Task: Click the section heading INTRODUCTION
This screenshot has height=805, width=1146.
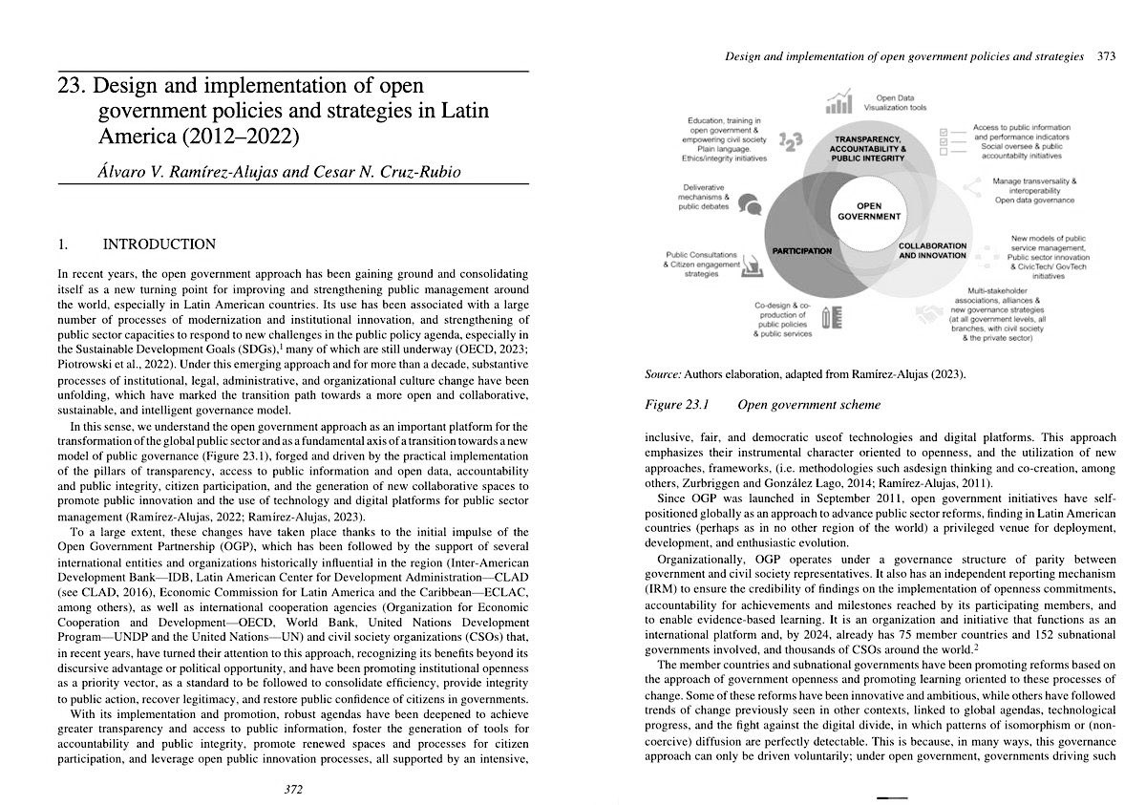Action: tap(159, 244)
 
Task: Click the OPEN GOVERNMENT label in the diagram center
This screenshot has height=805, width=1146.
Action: tap(868, 211)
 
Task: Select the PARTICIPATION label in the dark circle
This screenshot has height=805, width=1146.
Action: tap(802, 251)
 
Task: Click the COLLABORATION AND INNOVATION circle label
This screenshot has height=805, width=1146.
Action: tap(932, 250)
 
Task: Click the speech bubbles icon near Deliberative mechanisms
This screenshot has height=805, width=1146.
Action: tap(749, 203)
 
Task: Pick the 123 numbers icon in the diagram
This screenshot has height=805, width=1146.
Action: tap(791, 142)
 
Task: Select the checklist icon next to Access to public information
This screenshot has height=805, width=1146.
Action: tap(950, 139)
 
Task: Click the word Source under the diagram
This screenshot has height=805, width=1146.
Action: tap(666, 374)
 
